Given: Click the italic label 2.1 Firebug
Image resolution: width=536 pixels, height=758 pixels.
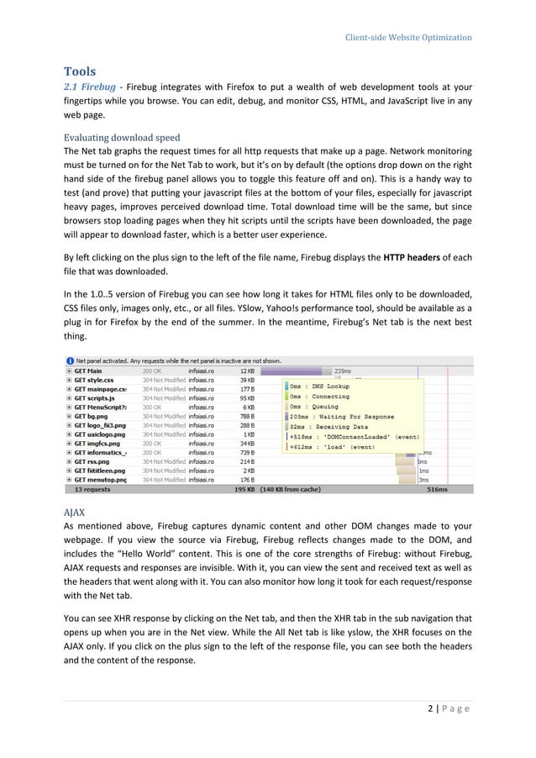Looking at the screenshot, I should [x=90, y=87].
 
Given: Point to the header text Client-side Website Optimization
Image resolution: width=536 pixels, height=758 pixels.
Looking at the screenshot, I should [x=408, y=37].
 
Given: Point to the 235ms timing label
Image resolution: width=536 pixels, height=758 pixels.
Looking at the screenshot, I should [x=343, y=371].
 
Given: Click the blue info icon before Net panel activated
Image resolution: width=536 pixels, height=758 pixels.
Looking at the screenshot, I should [x=71, y=359].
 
